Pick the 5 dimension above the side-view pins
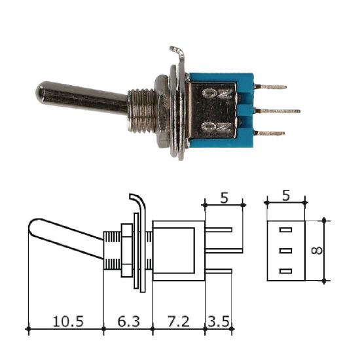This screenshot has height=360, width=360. (x=224, y=197)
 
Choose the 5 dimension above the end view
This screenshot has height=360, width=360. (x=285, y=196)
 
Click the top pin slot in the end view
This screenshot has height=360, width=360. (x=286, y=230)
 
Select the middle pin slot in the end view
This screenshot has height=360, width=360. (x=286, y=251)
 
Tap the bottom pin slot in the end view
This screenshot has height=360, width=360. (x=286, y=271)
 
